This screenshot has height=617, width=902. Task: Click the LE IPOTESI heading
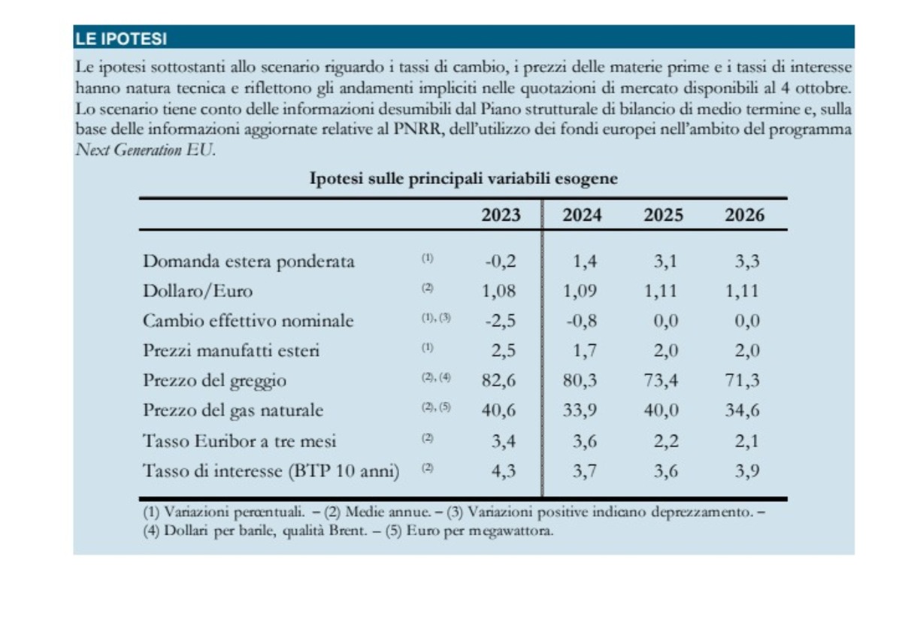121,39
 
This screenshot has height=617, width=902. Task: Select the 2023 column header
501,215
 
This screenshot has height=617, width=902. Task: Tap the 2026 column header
745,215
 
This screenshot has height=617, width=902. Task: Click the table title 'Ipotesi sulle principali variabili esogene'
464,178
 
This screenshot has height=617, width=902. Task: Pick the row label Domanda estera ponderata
249,262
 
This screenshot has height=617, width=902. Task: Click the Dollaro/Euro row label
198,291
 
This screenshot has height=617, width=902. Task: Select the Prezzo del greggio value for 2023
498,380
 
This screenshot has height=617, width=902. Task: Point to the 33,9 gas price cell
580,410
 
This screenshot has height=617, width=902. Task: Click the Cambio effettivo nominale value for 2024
582,321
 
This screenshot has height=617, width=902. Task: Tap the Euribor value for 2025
666,441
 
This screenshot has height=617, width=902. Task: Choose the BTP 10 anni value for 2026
747,471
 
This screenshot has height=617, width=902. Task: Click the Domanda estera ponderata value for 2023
500,262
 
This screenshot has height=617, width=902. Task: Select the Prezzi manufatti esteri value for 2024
585,350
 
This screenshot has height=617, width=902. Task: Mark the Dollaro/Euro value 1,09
580,291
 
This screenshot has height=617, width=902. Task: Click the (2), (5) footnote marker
436,407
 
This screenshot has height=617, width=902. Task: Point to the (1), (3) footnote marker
436,318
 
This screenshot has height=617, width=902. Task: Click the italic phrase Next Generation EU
145,150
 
